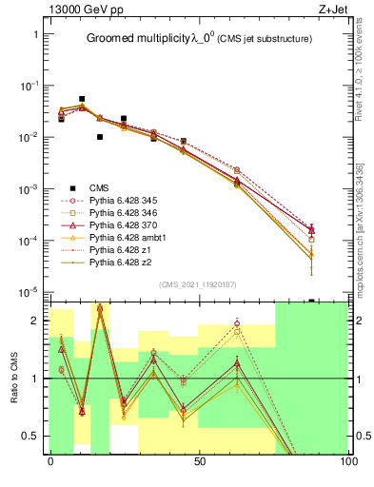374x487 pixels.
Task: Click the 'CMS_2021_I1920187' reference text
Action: (x=198, y=283)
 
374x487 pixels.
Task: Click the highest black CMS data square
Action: (x=82, y=99)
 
